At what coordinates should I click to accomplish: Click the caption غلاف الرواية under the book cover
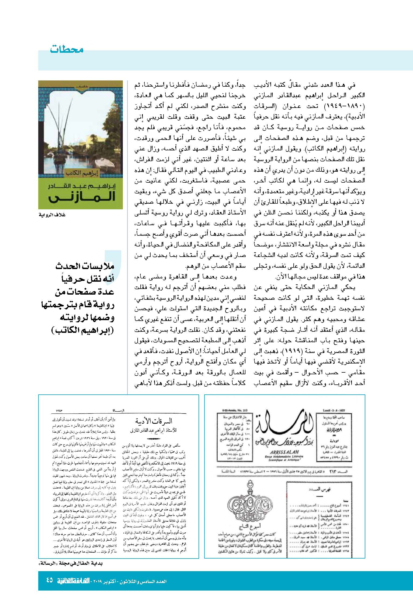[53, 215]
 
